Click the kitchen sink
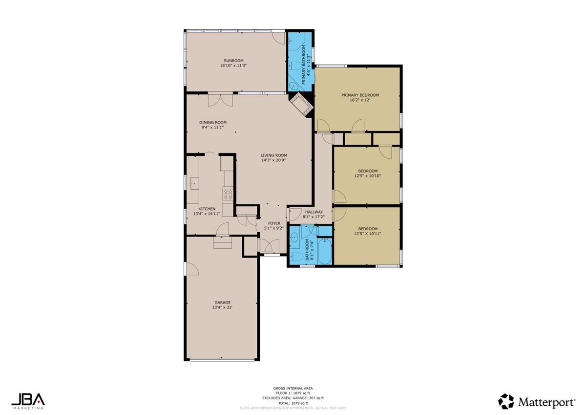click(x=195, y=184)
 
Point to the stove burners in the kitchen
click(x=228, y=195)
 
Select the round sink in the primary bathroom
click(x=293, y=86)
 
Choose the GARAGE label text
click(x=221, y=303)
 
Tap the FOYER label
click(x=274, y=223)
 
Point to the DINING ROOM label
click(x=213, y=123)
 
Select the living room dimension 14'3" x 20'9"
click(x=273, y=160)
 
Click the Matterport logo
click(x=536, y=402)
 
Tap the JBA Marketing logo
click(x=28, y=400)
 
